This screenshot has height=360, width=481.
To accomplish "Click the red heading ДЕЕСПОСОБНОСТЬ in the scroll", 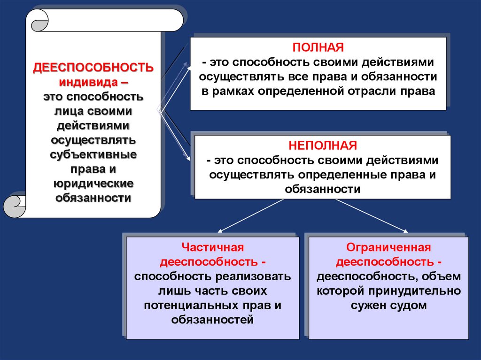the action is click(x=93, y=67).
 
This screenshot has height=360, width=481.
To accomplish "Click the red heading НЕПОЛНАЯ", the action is click(x=323, y=145).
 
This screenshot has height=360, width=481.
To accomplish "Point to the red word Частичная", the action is click(x=213, y=247).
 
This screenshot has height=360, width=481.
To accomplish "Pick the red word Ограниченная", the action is click(x=388, y=247).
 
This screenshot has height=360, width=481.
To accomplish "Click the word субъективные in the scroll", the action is click(x=93, y=154).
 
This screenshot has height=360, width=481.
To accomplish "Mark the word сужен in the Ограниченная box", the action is click(x=368, y=306).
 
